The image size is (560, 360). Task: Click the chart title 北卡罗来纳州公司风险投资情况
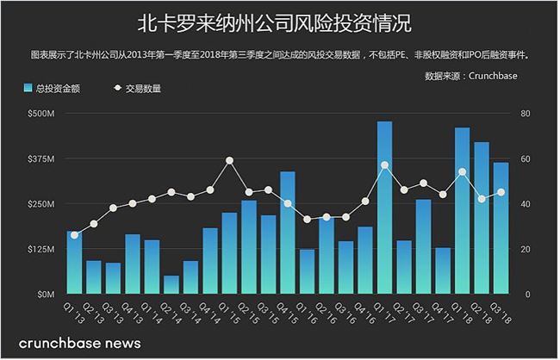tap(279, 22)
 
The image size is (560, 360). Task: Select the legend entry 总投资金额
tap(53, 88)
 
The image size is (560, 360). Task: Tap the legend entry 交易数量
tap(138, 88)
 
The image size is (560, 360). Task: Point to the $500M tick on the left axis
tap(40, 114)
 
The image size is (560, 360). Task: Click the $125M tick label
tap(40, 249)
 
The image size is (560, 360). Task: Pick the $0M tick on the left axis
tap(44, 295)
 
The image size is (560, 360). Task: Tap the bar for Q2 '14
tap(171, 285)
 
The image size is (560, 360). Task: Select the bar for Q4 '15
tap(288, 233)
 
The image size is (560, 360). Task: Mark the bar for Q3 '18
tap(501, 228)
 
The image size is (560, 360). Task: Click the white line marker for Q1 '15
tap(229, 160)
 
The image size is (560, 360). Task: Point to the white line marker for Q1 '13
tap(74, 235)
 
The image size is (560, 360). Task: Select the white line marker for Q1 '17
tap(384, 164)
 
